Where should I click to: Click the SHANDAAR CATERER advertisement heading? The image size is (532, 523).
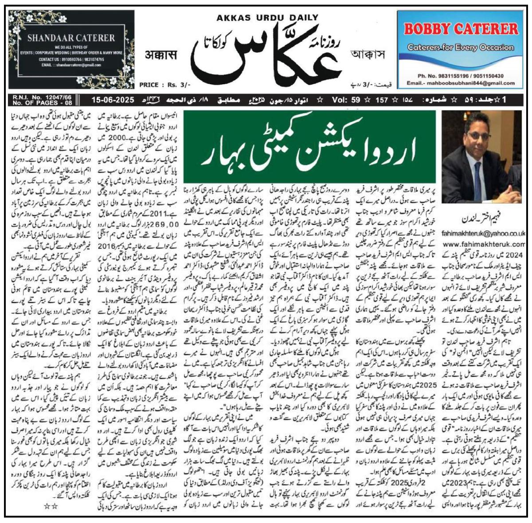71,38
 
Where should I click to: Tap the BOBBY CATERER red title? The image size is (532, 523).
461,29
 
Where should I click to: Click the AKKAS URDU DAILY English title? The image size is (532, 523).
267,18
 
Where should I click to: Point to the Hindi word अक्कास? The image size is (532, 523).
160,55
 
